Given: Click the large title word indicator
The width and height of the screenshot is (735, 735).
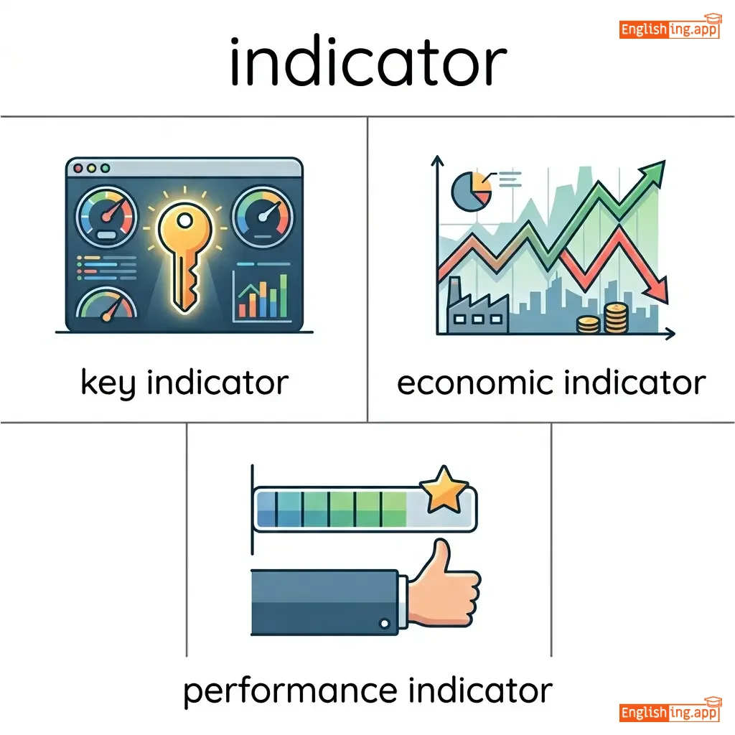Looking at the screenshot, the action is coord(368,62).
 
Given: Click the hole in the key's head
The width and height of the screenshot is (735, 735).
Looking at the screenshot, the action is coord(184,220).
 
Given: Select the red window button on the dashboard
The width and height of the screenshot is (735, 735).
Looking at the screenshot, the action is coord(78,168).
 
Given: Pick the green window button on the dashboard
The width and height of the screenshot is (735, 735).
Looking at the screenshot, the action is coord(106,168).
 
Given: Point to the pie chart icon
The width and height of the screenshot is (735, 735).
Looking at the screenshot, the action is coord(471,191).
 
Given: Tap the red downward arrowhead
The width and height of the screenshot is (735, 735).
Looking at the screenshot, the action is coord(656,291).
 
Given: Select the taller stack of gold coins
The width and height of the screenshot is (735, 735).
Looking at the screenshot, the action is coord(615,318).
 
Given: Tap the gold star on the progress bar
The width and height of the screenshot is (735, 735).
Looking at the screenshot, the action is coord(443,489).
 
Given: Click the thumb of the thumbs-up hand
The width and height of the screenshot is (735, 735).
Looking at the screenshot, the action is coord(440,558).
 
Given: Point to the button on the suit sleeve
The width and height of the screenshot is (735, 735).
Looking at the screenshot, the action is coord(385,624).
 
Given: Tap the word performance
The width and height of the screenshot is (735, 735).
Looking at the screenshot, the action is coord(291,692).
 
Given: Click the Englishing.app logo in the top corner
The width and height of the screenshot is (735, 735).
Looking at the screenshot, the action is coord(670,27).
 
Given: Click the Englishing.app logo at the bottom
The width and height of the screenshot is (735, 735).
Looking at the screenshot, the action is coord(670,710).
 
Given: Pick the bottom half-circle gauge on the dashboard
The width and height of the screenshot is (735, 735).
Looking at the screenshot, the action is coord(106,304).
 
